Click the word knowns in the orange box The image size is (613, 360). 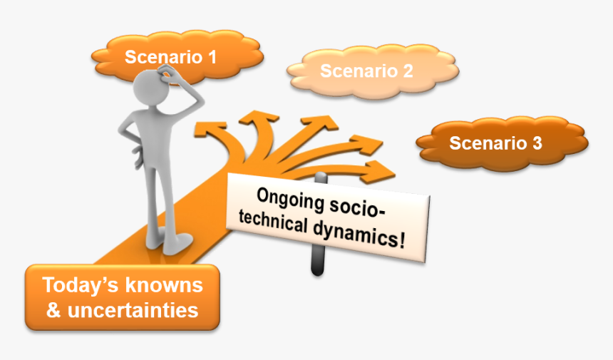[164, 286]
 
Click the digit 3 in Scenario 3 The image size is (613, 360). [536, 143]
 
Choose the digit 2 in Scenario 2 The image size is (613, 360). [407, 71]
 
